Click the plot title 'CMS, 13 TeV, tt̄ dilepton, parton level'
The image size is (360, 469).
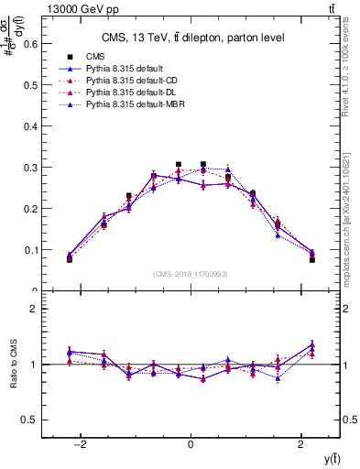[191, 38]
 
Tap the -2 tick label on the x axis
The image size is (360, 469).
[80, 445]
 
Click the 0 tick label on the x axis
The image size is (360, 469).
[191, 445]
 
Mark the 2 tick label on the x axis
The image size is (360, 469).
[301, 445]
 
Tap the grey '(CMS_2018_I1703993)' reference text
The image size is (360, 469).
[191, 274]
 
